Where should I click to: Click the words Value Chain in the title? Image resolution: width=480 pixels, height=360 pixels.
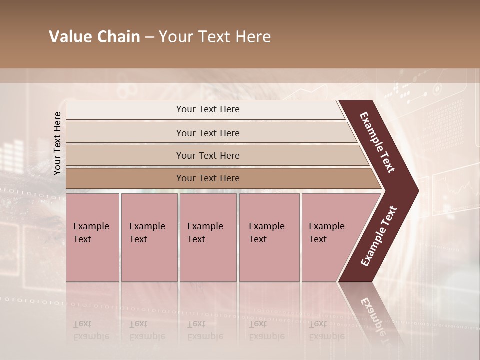coord(94,37)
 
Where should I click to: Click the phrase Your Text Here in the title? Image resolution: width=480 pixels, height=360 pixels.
coord(215,37)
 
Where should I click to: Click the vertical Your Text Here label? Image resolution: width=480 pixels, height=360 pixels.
coord(57,143)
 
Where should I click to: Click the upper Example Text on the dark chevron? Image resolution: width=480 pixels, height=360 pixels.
coord(377,142)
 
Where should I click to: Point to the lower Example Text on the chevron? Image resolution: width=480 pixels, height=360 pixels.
coord(379,236)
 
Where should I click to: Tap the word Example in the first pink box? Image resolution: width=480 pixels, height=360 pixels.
coord(91,226)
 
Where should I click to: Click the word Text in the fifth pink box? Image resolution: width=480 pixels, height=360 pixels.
coord(318,239)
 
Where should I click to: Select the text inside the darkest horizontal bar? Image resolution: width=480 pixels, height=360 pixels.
coord(208,178)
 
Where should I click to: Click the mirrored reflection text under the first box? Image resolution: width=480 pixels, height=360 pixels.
coord(91,330)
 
